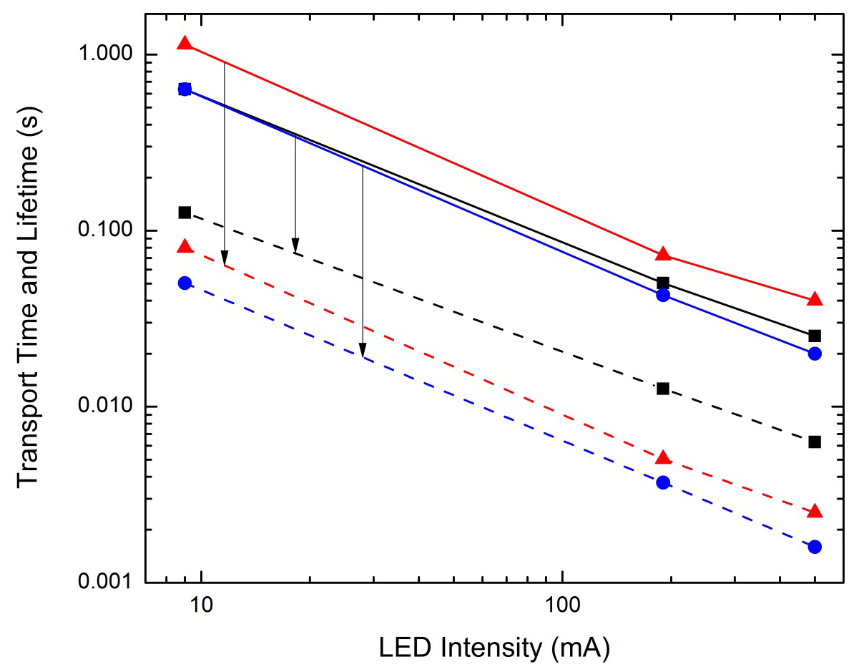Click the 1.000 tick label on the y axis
tap(102, 55)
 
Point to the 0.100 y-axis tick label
tap(102, 231)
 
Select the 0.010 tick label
tap(102, 407)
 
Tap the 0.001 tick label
tap(102, 583)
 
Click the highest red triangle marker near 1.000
tap(185, 44)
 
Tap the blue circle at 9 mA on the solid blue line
tap(185, 89)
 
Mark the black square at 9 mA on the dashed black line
tap(185, 213)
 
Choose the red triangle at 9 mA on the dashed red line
tap(185, 247)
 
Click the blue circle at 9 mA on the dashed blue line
tap(185, 283)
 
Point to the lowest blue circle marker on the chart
tap(815, 547)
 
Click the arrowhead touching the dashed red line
tap(225, 258)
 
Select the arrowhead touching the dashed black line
tap(295, 246)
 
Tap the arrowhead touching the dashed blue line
tap(363, 350)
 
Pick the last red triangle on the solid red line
tap(815, 300)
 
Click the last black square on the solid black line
tap(815, 336)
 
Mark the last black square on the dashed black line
tap(815, 442)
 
